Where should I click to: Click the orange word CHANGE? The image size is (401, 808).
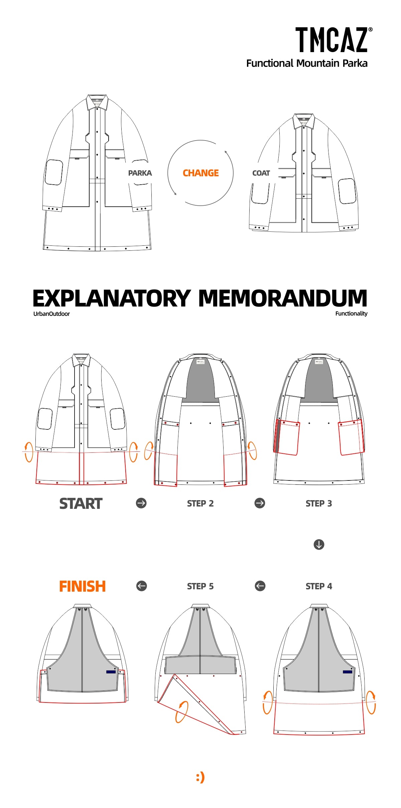point(200,173)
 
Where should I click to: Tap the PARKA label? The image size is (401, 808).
point(140,173)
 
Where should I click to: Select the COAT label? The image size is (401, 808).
point(261,173)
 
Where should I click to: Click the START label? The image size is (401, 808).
point(81,503)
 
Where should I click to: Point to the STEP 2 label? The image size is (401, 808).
point(200,503)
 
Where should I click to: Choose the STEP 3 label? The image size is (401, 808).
point(319,503)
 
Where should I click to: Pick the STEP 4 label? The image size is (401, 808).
point(319,586)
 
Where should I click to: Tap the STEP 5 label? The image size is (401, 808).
point(200,586)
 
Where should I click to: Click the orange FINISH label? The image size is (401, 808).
point(82,586)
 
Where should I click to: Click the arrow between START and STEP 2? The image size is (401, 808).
point(141,503)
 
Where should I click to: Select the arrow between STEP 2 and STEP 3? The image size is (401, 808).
point(260,503)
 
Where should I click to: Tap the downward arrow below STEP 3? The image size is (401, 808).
point(319,545)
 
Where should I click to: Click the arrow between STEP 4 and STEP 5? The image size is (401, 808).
point(260,586)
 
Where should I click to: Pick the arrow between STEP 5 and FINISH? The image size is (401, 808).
point(142,586)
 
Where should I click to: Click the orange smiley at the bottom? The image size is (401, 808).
point(200,777)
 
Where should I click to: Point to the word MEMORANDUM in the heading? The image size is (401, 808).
point(283,298)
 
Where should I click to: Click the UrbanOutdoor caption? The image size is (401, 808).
point(51,314)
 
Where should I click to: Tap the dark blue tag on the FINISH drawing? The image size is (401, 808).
point(111,672)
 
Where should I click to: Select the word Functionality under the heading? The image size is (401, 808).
point(351,314)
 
